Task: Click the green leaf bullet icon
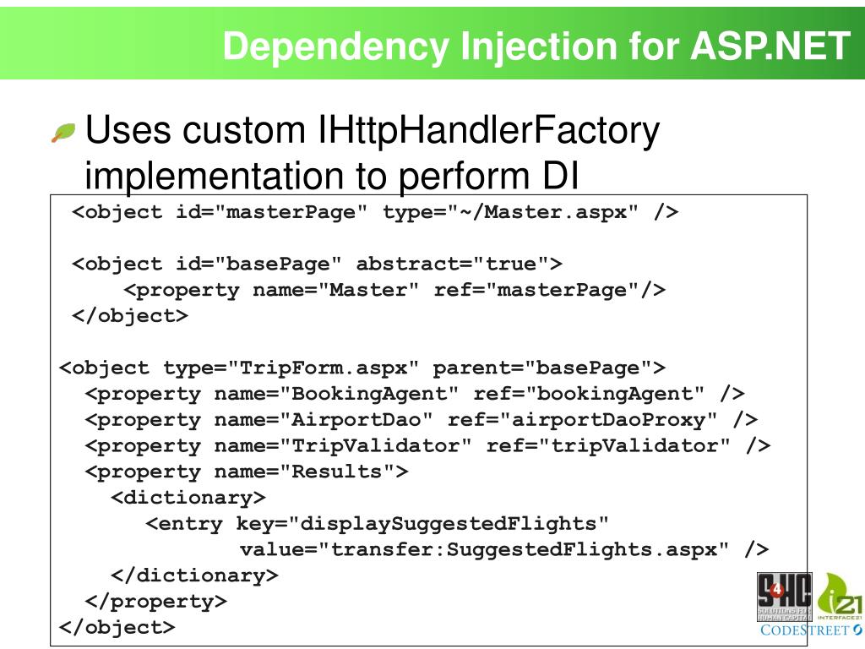coord(63,133)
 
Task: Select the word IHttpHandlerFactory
coord(487,132)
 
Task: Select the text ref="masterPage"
coord(550,290)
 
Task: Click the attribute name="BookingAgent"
coord(337,394)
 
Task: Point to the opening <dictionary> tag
coord(188,497)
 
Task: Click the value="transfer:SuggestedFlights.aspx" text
coord(484,549)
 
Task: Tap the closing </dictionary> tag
coord(194,575)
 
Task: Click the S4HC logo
coord(783,597)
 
